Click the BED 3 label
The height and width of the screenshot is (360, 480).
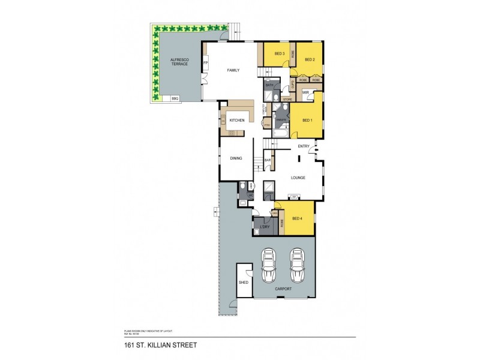(280, 54)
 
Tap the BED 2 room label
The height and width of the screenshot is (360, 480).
(310, 59)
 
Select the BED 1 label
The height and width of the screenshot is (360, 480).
(307, 121)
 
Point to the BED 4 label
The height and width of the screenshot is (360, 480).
(298, 218)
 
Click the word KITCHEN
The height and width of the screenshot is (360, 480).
(236, 121)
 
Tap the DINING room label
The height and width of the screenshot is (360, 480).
(236, 158)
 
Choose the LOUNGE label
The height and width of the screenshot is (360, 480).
(298, 178)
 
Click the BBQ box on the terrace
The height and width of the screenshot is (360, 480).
(175, 98)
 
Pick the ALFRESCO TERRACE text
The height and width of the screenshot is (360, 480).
(179, 62)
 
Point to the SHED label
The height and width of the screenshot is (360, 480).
(244, 282)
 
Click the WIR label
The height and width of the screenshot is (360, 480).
(305, 92)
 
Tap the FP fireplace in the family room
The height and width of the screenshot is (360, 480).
(206, 63)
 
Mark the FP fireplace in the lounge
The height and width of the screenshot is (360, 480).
(295, 196)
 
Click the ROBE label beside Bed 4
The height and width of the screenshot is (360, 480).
(281, 227)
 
